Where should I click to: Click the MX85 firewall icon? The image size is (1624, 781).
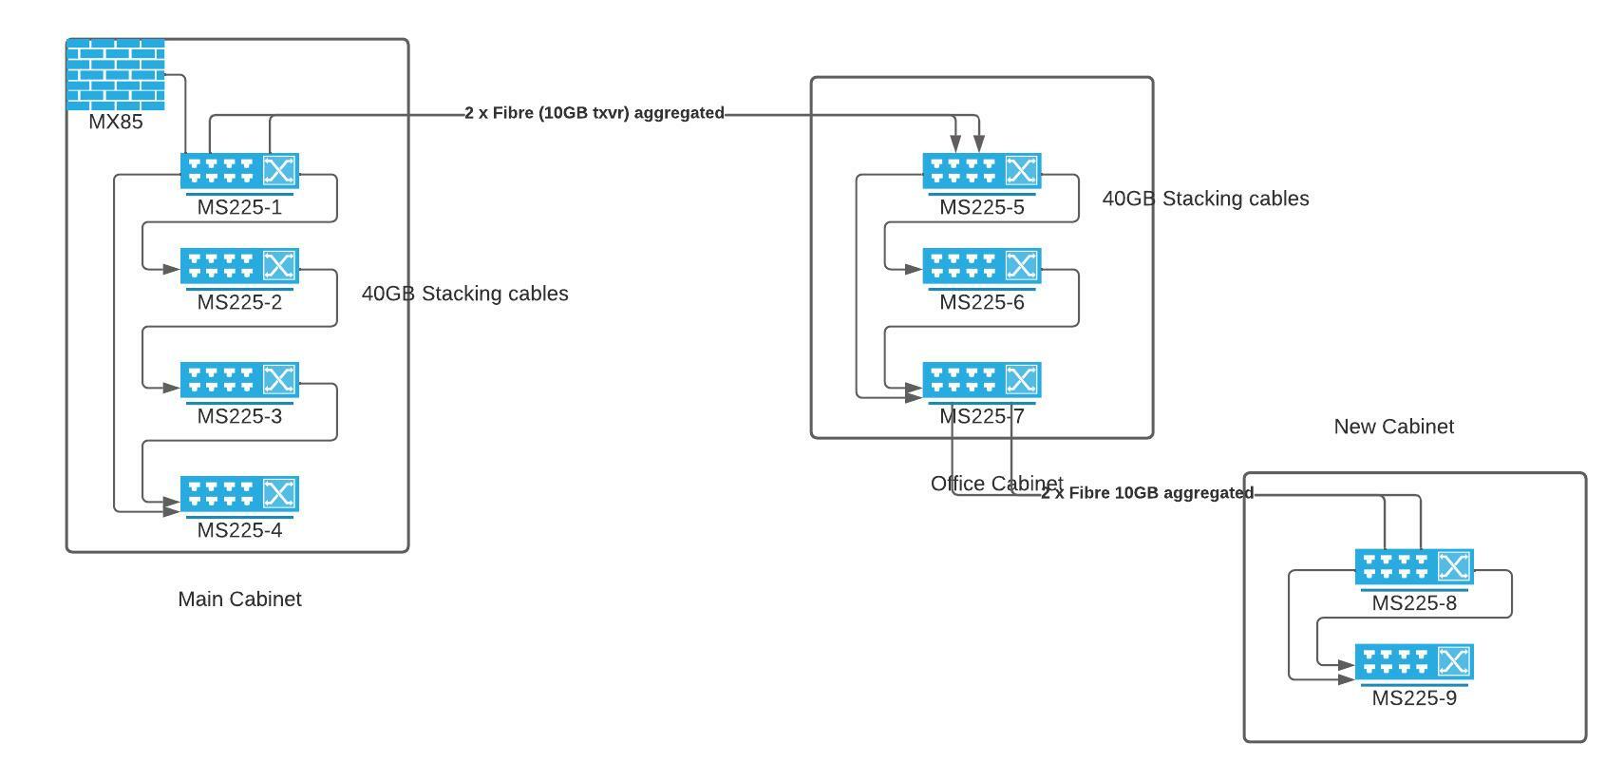116,74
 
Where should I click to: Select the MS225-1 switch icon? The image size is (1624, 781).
239,171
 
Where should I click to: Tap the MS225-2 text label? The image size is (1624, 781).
239,302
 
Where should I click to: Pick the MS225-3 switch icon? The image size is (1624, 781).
239,380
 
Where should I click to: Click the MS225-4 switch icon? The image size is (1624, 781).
239,494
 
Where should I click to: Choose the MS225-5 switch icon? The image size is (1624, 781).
982,171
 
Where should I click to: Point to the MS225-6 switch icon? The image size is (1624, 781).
982,266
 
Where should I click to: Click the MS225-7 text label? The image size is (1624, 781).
982,416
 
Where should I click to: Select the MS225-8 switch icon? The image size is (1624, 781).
1414,567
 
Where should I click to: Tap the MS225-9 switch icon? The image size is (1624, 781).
1414,662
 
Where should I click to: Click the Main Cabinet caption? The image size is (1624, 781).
239,600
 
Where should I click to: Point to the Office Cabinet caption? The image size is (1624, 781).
996,484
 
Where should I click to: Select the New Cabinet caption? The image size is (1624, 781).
1393,427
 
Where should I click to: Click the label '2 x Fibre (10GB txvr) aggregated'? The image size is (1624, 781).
595,113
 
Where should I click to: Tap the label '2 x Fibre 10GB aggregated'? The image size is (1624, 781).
1147,493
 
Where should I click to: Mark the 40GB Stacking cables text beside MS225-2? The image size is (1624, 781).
464,294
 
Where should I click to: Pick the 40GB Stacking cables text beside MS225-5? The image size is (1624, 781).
1205,199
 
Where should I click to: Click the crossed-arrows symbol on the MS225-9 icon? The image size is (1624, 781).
1454,661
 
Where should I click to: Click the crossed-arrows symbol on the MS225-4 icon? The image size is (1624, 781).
279,493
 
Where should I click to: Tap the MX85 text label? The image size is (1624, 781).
116,122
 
